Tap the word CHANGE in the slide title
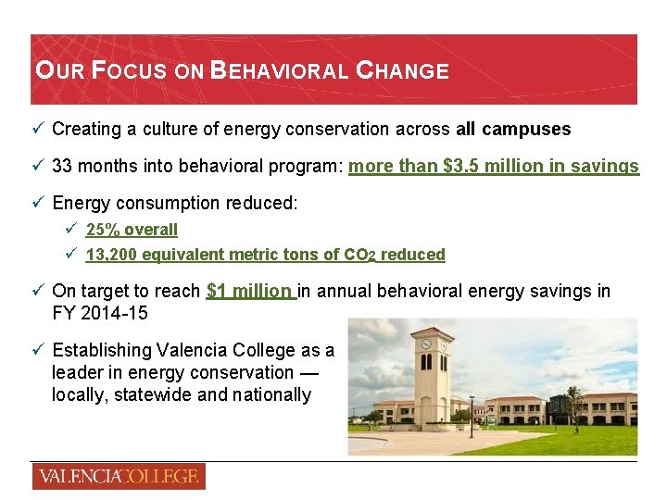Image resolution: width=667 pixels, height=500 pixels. click(x=403, y=70)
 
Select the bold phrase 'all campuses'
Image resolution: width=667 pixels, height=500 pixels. click(x=513, y=129)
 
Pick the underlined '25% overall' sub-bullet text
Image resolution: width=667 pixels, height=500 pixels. click(x=132, y=230)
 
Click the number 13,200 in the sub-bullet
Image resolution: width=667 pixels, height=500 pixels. click(x=110, y=255)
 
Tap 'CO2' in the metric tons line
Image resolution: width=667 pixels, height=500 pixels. click(x=358, y=255)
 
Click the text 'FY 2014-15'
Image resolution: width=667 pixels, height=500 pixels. click(x=100, y=313)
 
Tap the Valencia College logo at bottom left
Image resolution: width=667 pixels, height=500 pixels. click(x=118, y=477)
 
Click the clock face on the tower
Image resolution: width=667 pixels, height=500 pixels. click(x=426, y=344)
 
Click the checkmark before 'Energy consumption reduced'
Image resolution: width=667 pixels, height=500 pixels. click(x=38, y=203)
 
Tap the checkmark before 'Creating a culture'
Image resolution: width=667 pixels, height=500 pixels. click(x=38, y=129)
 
